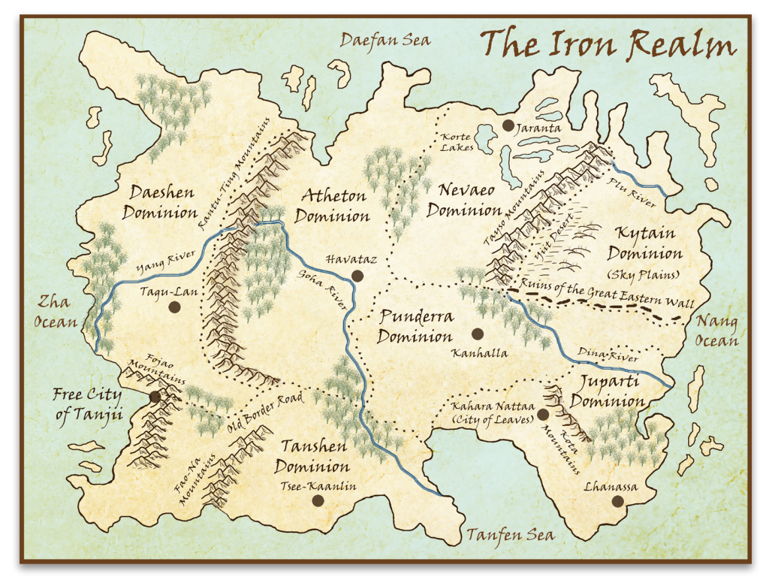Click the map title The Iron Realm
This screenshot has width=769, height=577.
click(x=608, y=45)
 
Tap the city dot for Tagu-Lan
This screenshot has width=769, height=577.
click(x=175, y=307)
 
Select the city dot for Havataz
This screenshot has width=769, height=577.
click(x=357, y=276)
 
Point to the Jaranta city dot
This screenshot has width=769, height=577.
click(x=508, y=125)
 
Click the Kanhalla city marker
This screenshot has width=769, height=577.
click(x=476, y=334)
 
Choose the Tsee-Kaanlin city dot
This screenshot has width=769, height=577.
click(x=318, y=500)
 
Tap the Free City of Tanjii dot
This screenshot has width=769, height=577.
click(x=155, y=397)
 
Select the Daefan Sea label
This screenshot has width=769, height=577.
click(x=385, y=39)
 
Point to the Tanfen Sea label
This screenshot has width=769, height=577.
click(x=510, y=535)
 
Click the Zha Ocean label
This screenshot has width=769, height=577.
click(x=56, y=312)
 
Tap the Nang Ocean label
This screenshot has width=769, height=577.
click(x=717, y=331)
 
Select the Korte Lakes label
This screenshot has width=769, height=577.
click(x=457, y=142)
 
